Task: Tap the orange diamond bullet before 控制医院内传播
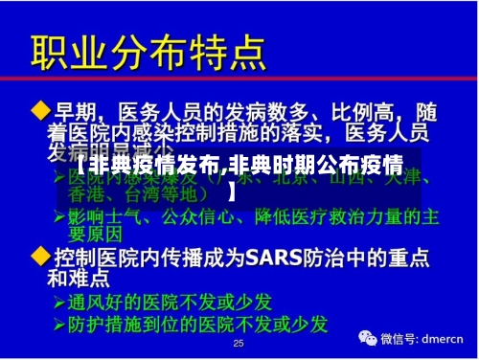point(41,258)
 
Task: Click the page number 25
point(239,343)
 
